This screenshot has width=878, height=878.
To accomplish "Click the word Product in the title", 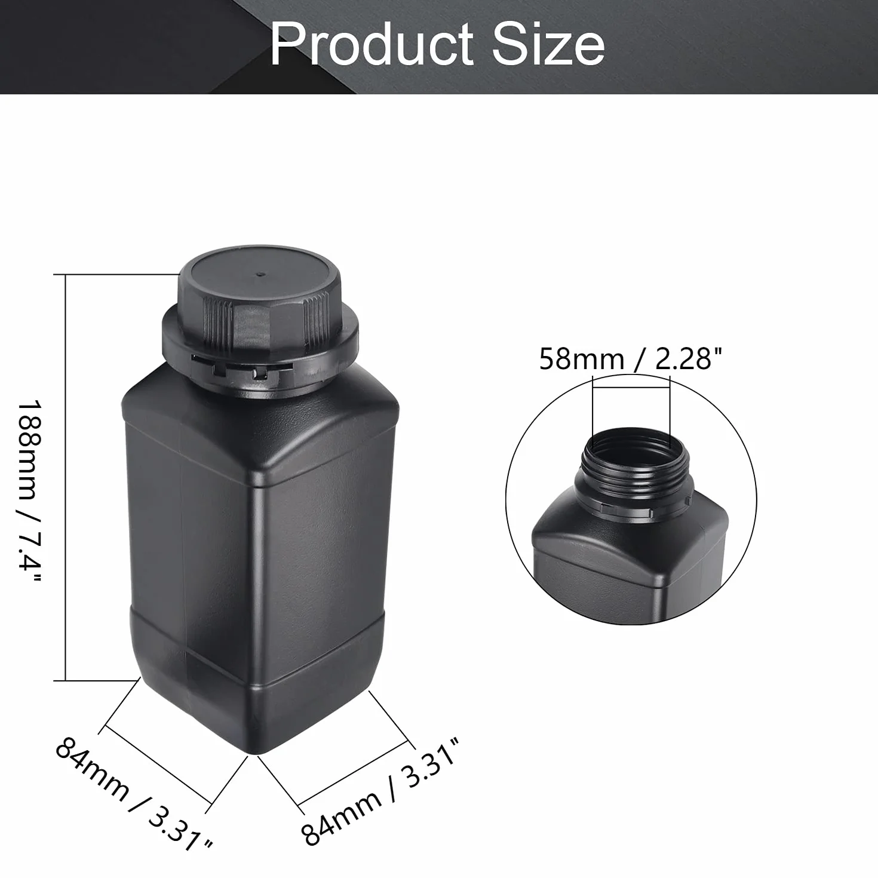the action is tap(372, 45).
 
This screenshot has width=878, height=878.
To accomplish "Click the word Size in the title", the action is tap(548, 45).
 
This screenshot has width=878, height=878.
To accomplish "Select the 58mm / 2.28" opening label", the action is tap(631, 359).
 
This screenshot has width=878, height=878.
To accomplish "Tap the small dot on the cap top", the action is tap(260, 275).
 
